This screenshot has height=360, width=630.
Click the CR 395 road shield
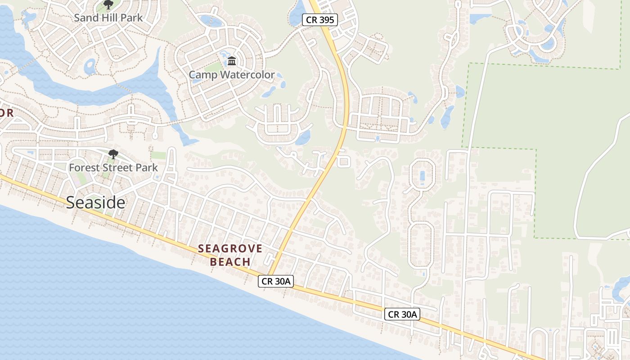[319, 20]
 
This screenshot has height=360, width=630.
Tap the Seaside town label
[95, 202]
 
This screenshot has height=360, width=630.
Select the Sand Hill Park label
[108, 18]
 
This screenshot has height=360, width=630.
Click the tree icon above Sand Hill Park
[108, 5]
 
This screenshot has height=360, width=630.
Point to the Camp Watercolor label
[231, 75]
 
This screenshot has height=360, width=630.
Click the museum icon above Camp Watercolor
[232, 61]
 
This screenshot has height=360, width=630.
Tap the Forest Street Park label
[113, 168]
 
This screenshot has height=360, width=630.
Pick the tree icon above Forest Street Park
[113, 154]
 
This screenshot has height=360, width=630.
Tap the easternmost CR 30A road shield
[402, 314]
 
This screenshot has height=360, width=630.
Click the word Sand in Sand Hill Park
[86, 18]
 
